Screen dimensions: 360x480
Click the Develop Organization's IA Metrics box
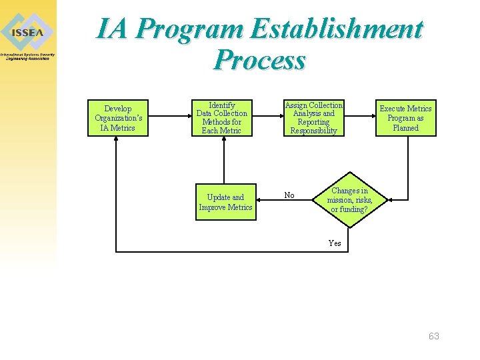(118, 118)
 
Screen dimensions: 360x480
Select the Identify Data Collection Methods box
(221, 118)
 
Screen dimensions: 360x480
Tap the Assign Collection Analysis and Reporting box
(313, 118)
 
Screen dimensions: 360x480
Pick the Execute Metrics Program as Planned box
(405, 118)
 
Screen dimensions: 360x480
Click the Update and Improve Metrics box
(225, 202)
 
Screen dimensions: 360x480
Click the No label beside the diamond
(289, 195)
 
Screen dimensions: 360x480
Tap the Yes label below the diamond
(335, 243)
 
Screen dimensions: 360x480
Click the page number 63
(434, 336)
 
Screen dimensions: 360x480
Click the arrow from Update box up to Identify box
(223, 160)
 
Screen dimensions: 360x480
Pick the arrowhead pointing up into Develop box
(117, 141)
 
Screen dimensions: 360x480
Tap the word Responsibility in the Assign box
(313, 131)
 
